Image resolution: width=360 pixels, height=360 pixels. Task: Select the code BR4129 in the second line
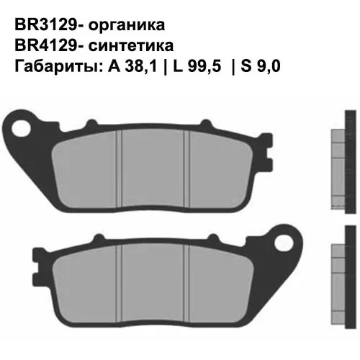coord(44,45)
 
